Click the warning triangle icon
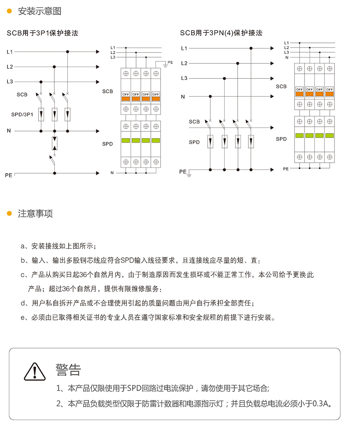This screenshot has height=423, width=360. tap(35, 372)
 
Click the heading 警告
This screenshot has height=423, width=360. tap(68, 370)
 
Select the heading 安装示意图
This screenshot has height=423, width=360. tap(40, 11)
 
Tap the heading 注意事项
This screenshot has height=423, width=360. tap(35, 213)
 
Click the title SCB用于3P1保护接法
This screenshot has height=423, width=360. tap(42, 33)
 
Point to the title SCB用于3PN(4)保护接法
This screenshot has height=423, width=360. tap(221, 33)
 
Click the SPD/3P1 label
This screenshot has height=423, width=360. tap(22, 114)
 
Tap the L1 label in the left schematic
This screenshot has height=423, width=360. tap(10, 52)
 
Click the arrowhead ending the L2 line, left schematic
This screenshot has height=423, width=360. tap(97, 67)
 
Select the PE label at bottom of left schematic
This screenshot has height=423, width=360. tap(9, 175)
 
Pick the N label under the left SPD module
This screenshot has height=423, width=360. tap(112, 173)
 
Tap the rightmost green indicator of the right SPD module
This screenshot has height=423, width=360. tap(329, 135)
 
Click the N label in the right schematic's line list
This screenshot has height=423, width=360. tap(287, 57)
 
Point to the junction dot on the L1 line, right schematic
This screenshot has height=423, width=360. tap(251, 48)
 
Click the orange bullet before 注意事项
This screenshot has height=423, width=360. tap(9, 213)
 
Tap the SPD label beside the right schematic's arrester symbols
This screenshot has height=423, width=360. tap(194, 142)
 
